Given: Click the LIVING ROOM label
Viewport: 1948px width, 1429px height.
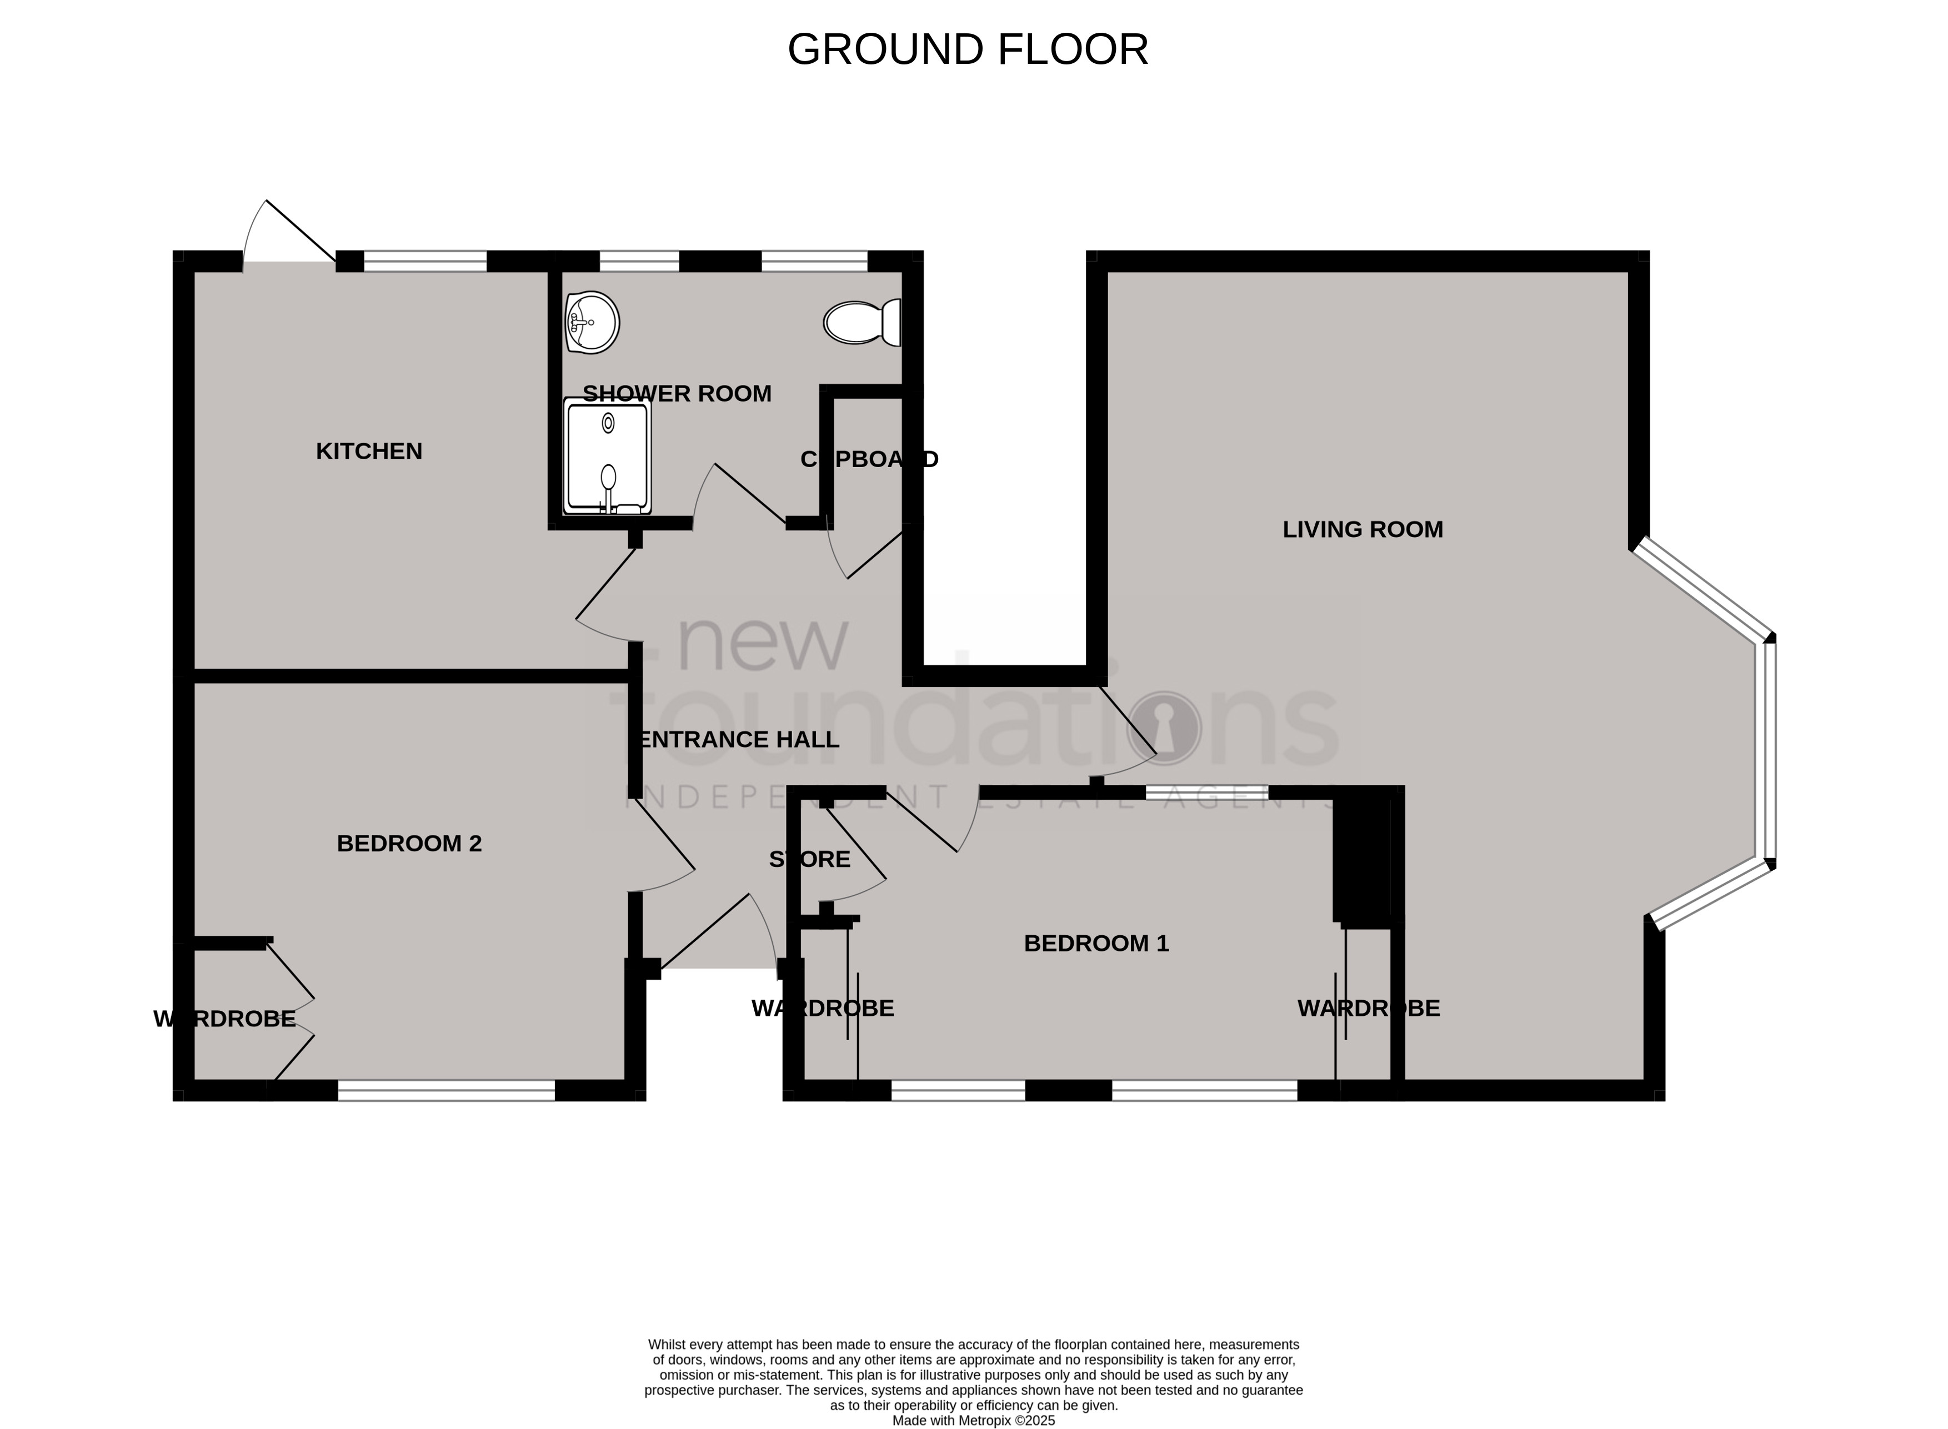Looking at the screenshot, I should (1363, 529).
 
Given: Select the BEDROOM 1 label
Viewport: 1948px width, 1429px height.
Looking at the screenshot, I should (1096, 944).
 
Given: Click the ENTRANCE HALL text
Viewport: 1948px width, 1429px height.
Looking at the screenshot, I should (737, 740).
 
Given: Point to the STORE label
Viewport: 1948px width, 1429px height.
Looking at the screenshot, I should (810, 860).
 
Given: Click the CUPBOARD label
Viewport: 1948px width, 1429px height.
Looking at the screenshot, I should (869, 459).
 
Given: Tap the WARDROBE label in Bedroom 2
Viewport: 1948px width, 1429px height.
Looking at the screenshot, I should (225, 1019).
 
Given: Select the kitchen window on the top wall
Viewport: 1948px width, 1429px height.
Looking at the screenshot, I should (425, 260).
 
